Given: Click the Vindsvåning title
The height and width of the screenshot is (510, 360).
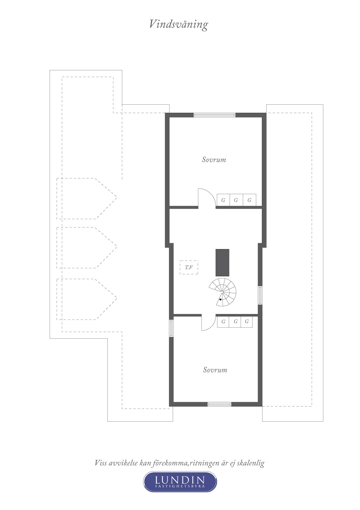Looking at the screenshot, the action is pos(179,24).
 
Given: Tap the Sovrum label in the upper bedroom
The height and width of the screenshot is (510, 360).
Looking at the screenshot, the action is pos(214,160).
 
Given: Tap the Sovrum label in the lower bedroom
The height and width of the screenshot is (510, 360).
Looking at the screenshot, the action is pos(215,370).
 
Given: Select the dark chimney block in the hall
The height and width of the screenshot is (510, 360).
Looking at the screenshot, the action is pos(222,263).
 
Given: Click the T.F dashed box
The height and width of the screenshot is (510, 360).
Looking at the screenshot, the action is pos(189,267).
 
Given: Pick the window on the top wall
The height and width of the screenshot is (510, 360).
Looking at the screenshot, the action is pos(215,115).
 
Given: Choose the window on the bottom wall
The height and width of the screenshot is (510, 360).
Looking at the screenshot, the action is pos(219,404).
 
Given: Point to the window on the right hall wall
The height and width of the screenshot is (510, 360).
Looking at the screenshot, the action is pos(260,295).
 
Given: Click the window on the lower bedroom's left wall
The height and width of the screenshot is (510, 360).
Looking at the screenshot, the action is pos(171,328).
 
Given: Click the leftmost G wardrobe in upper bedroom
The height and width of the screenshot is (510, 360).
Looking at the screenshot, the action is pos(223,200).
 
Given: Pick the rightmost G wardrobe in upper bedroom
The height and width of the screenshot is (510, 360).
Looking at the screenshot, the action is pos(249,200).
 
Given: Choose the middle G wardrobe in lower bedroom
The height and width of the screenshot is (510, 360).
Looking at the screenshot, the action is pos(235,322).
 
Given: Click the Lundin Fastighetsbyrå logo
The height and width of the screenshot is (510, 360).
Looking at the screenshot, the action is pos(180,482).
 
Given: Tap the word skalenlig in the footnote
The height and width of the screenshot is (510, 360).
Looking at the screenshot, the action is pos(251,463).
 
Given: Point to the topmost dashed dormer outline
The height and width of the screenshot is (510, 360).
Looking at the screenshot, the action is pos(87,198).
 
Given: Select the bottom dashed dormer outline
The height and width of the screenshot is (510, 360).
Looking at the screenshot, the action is pos(87,299).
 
